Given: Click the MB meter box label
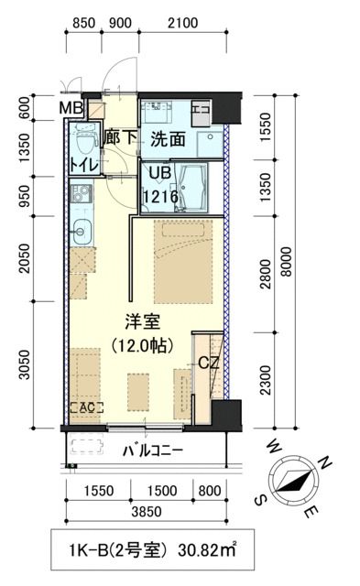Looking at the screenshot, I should (71, 109).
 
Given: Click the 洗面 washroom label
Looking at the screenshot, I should (169, 139).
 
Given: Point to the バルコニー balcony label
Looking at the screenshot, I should (153, 450).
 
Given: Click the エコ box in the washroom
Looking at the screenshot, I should (200, 112).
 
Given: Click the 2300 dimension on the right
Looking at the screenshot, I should (266, 377).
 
